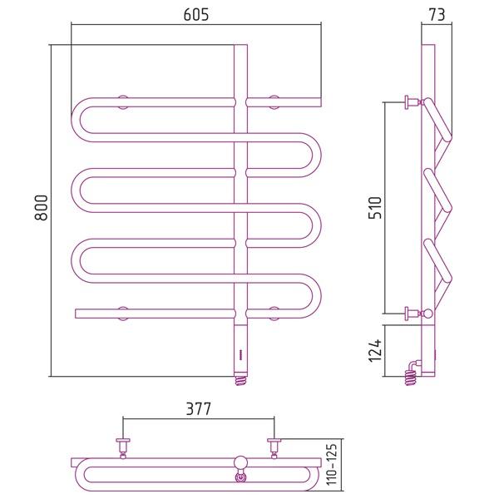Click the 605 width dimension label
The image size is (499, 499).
[x=196, y=15]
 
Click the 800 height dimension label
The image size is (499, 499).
[x=42, y=208]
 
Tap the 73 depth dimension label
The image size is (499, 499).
[x=437, y=15]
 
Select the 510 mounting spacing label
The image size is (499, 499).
[x=375, y=207]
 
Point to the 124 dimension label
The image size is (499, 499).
[x=375, y=351]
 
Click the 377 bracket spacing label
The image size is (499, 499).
[x=198, y=409]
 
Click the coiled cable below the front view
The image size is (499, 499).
[x=241, y=381]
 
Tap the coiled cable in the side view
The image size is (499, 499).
[x=411, y=377]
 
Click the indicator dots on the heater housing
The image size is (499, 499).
[x=240, y=354]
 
